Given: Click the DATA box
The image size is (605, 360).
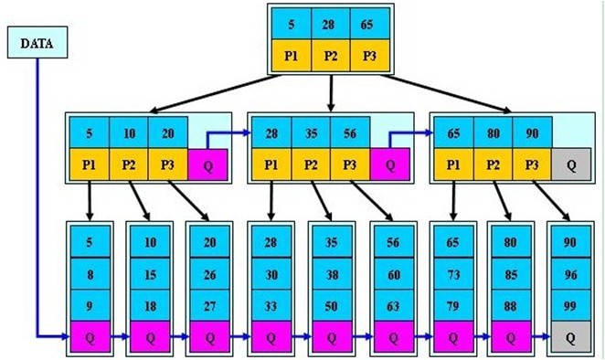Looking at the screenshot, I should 37,42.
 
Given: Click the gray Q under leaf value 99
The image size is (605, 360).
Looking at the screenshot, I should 570,337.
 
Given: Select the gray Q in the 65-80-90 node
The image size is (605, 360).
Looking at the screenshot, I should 572,165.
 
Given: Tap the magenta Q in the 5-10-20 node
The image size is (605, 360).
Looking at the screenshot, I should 208,165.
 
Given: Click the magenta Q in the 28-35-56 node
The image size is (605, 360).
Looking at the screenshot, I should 390,165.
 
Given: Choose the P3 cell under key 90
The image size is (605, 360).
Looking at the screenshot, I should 532,165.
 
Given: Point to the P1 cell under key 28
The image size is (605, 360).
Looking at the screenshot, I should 271,165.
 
